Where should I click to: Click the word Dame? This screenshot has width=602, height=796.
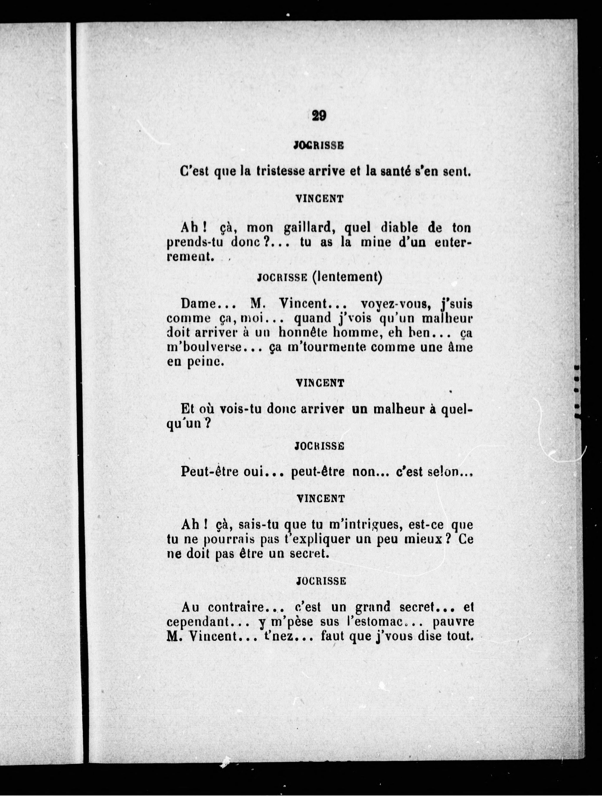[x=198, y=304]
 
